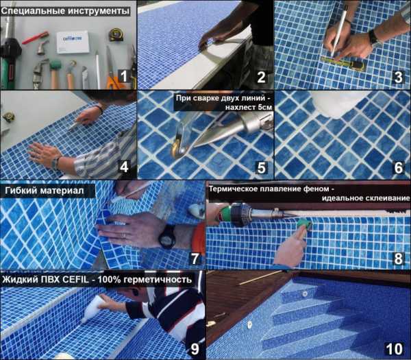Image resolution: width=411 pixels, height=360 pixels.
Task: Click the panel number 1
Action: coord(124,77)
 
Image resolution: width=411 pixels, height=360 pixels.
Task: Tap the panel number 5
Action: coord(261,167)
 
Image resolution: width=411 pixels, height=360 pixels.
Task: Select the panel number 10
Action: coord(394,349)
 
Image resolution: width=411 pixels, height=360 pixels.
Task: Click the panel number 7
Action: coord(195,259)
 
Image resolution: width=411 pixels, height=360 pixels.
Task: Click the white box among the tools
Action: coord(73,42)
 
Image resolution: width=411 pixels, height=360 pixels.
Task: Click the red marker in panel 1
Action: coord(36,38)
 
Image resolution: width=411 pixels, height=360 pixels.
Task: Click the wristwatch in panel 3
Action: coord(373,38)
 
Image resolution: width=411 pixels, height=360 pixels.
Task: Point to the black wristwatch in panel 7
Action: coord(167,237)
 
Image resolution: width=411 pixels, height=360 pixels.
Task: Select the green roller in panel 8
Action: coord(304,224)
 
